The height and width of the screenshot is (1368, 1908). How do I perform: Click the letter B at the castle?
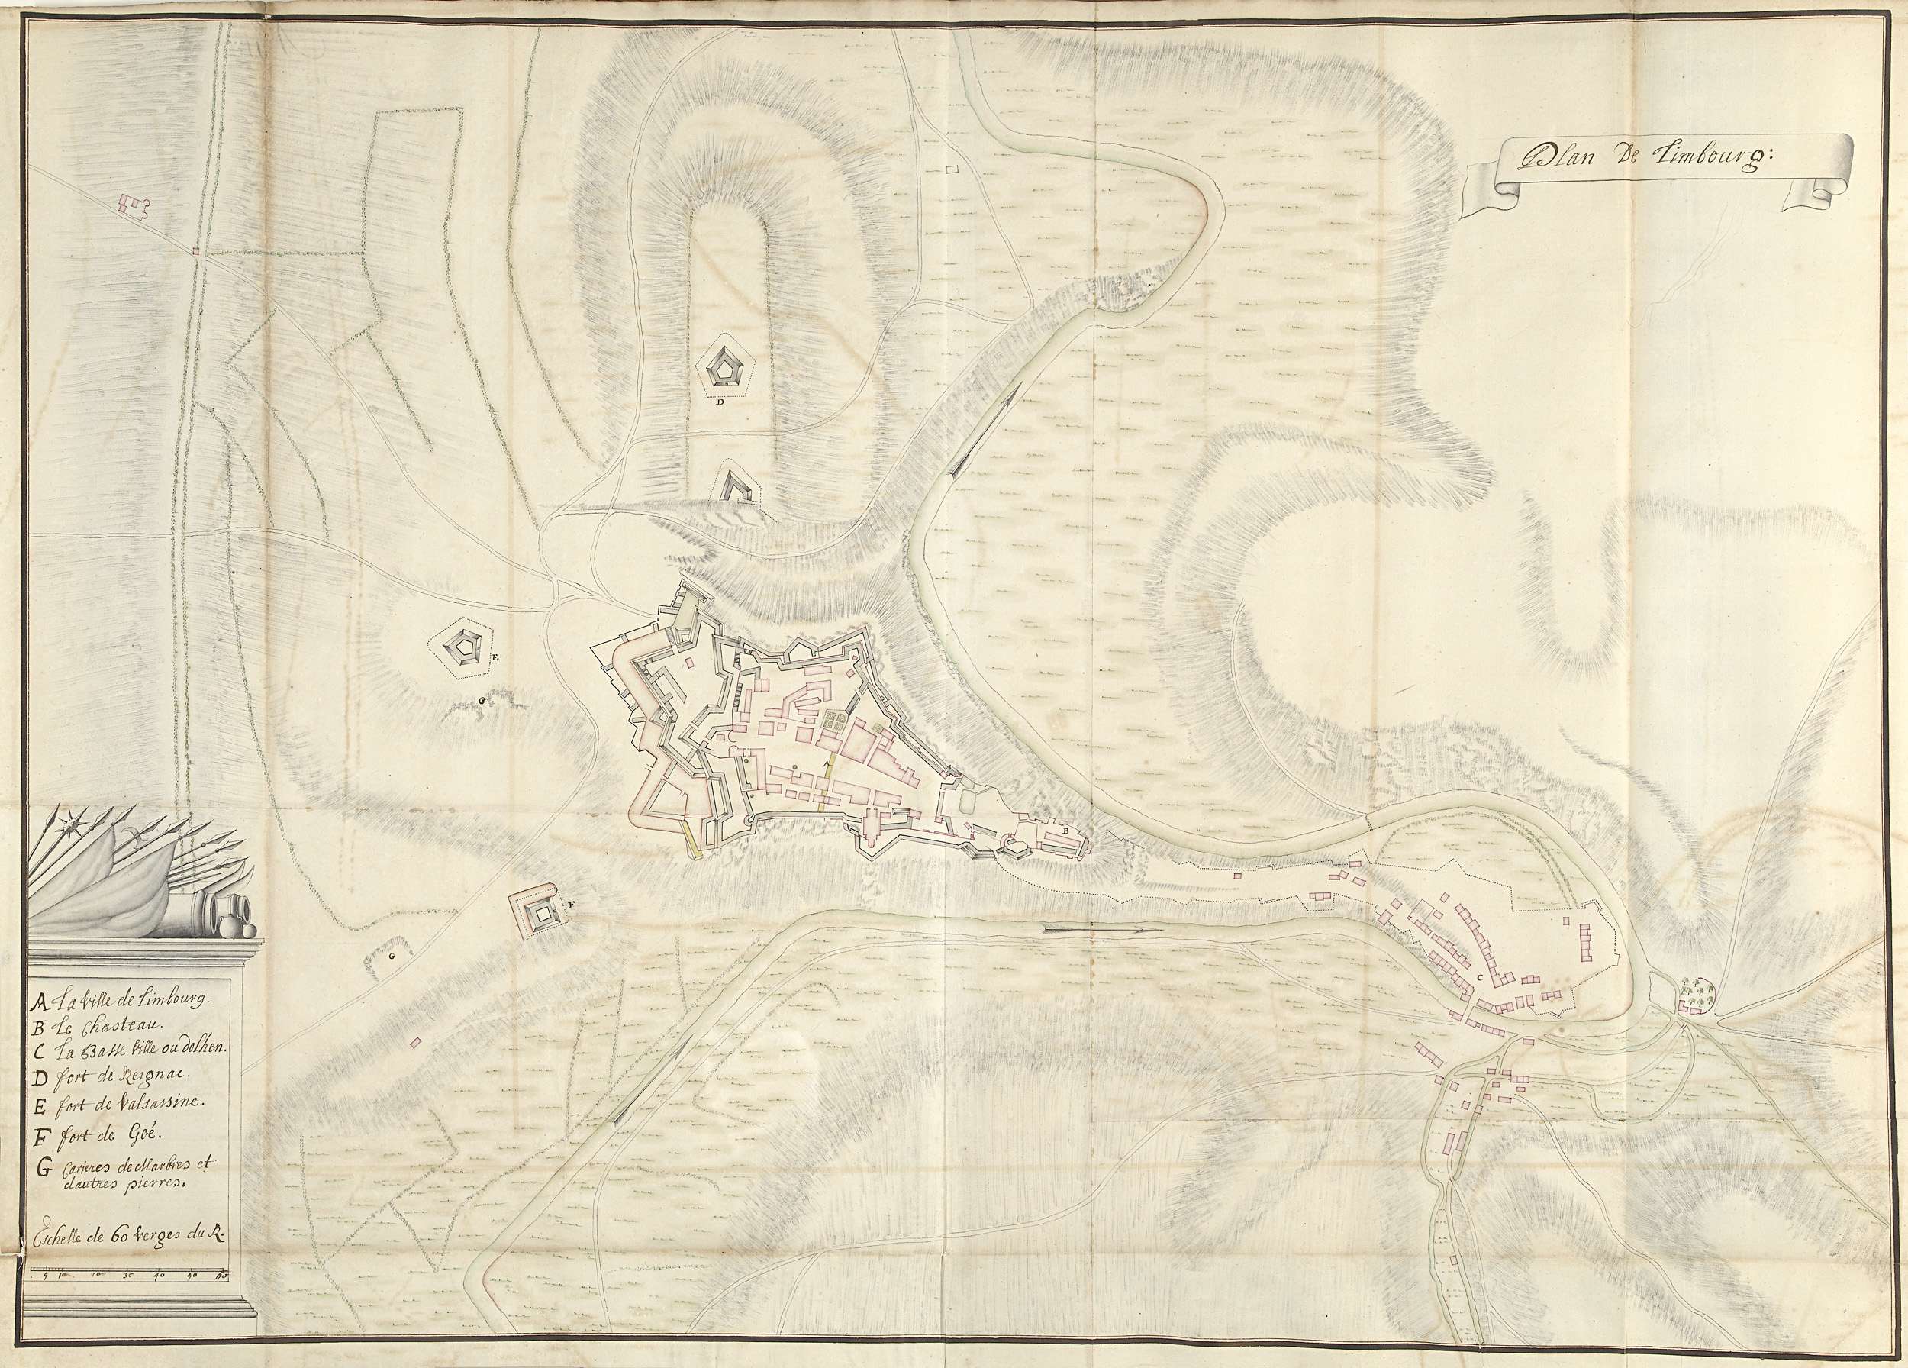[1067, 831]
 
